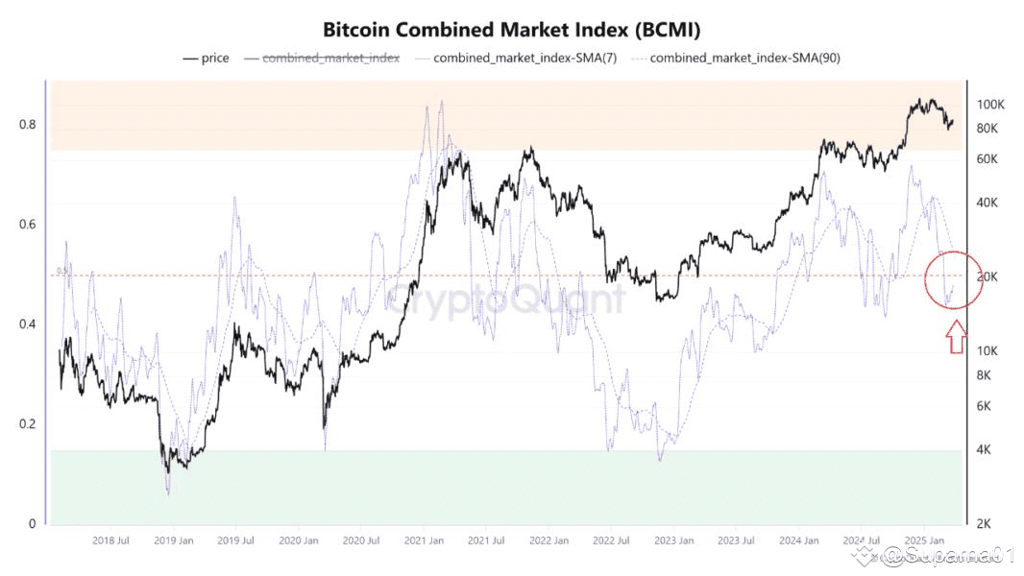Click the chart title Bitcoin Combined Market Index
(511, 30)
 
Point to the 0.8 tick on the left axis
(27, 125)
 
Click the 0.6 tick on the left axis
(27, 225)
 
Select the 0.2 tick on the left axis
(27, 424)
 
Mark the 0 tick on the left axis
(32, 524)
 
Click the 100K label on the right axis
(990, 105)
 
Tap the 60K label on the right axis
(989, 158)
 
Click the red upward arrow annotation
(956, 337)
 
